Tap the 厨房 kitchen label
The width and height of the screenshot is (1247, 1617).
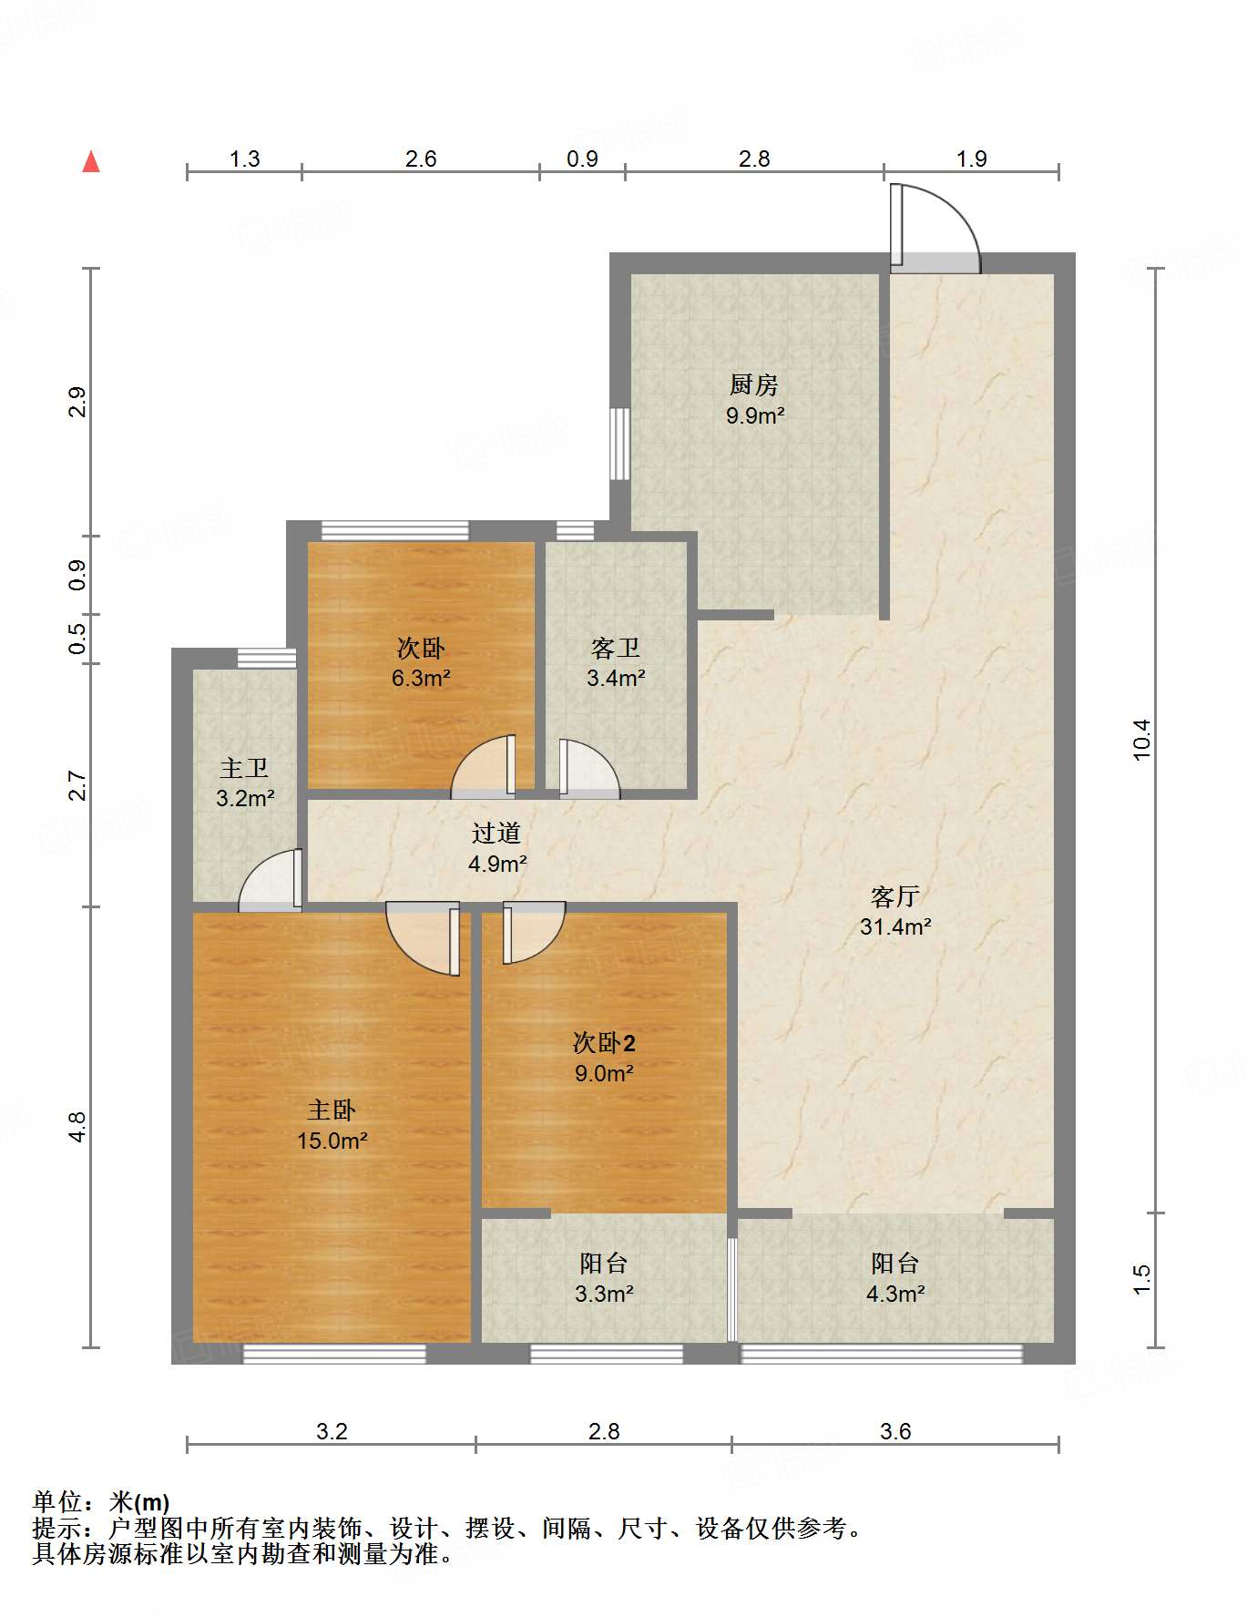point(754,385)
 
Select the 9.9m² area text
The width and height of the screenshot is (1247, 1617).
point(755,416)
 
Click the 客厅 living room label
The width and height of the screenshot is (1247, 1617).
point(894,896)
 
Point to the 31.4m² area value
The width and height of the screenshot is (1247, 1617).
point(895,927)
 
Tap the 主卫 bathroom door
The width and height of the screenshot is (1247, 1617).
point(271,880)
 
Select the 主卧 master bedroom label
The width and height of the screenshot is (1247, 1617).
point(332,1110)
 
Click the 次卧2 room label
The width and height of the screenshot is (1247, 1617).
point(604,1042)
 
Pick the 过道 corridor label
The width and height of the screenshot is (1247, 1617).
point(496,833)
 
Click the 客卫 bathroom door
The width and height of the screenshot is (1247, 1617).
point(589,769)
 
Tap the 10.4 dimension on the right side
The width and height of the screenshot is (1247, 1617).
point(1142,740)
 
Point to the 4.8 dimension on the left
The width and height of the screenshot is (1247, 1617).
point(77,1127)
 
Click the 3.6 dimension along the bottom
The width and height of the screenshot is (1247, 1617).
point(895,1431)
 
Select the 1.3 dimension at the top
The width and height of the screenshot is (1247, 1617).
point(244,159)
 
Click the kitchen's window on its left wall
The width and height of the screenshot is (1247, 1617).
point(619,444)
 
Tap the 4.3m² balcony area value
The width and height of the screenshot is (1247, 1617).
point(895,1294)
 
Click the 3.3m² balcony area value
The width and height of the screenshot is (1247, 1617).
point(604,1294)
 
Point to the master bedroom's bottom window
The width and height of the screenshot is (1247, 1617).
point(334,1355)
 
